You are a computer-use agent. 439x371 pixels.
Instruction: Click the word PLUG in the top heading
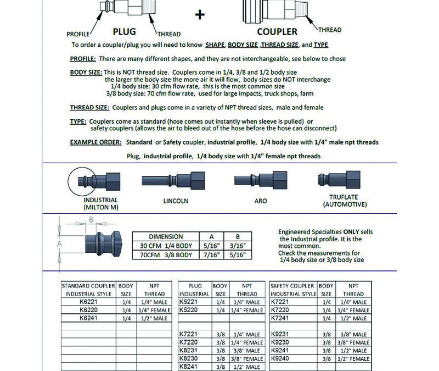point(125,31)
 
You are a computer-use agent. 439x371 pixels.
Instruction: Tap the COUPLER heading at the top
point(277,31)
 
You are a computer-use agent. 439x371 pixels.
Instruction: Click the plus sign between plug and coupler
point(200,15)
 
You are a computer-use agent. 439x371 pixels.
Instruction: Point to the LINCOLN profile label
point(176,201)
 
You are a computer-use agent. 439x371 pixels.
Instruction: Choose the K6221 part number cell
point(88,302)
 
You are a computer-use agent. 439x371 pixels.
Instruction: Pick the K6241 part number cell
point(88,317)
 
